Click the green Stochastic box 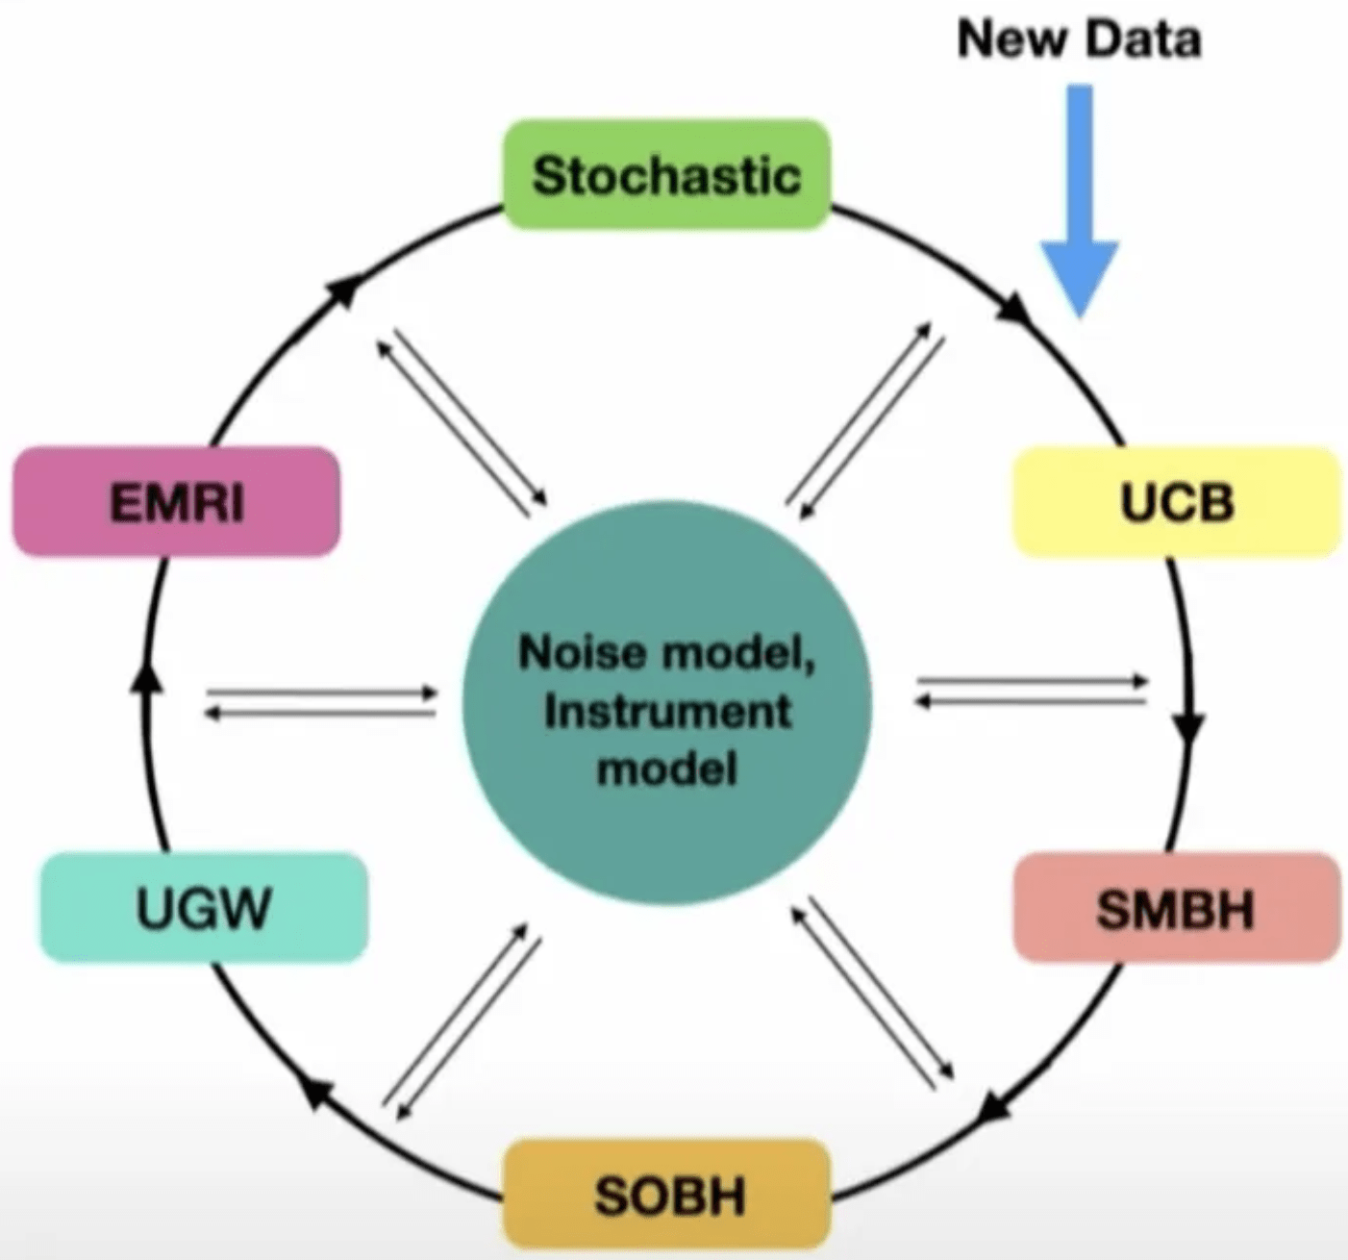click(x=666, y=175)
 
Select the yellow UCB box click(x=1177, y=502)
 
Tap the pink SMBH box click(x=1177, y=908)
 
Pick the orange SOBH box click(x=667, y=1195)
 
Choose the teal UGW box click(x=203, y=908)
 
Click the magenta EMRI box click(x=176, y=502)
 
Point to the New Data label click(x=1079, y=40)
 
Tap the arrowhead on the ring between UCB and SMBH click(x=1190, y=728)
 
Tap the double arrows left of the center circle click(x=320, y=702)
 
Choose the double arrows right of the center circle click(x=1032, y=691)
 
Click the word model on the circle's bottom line click(x=667, y=769)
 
